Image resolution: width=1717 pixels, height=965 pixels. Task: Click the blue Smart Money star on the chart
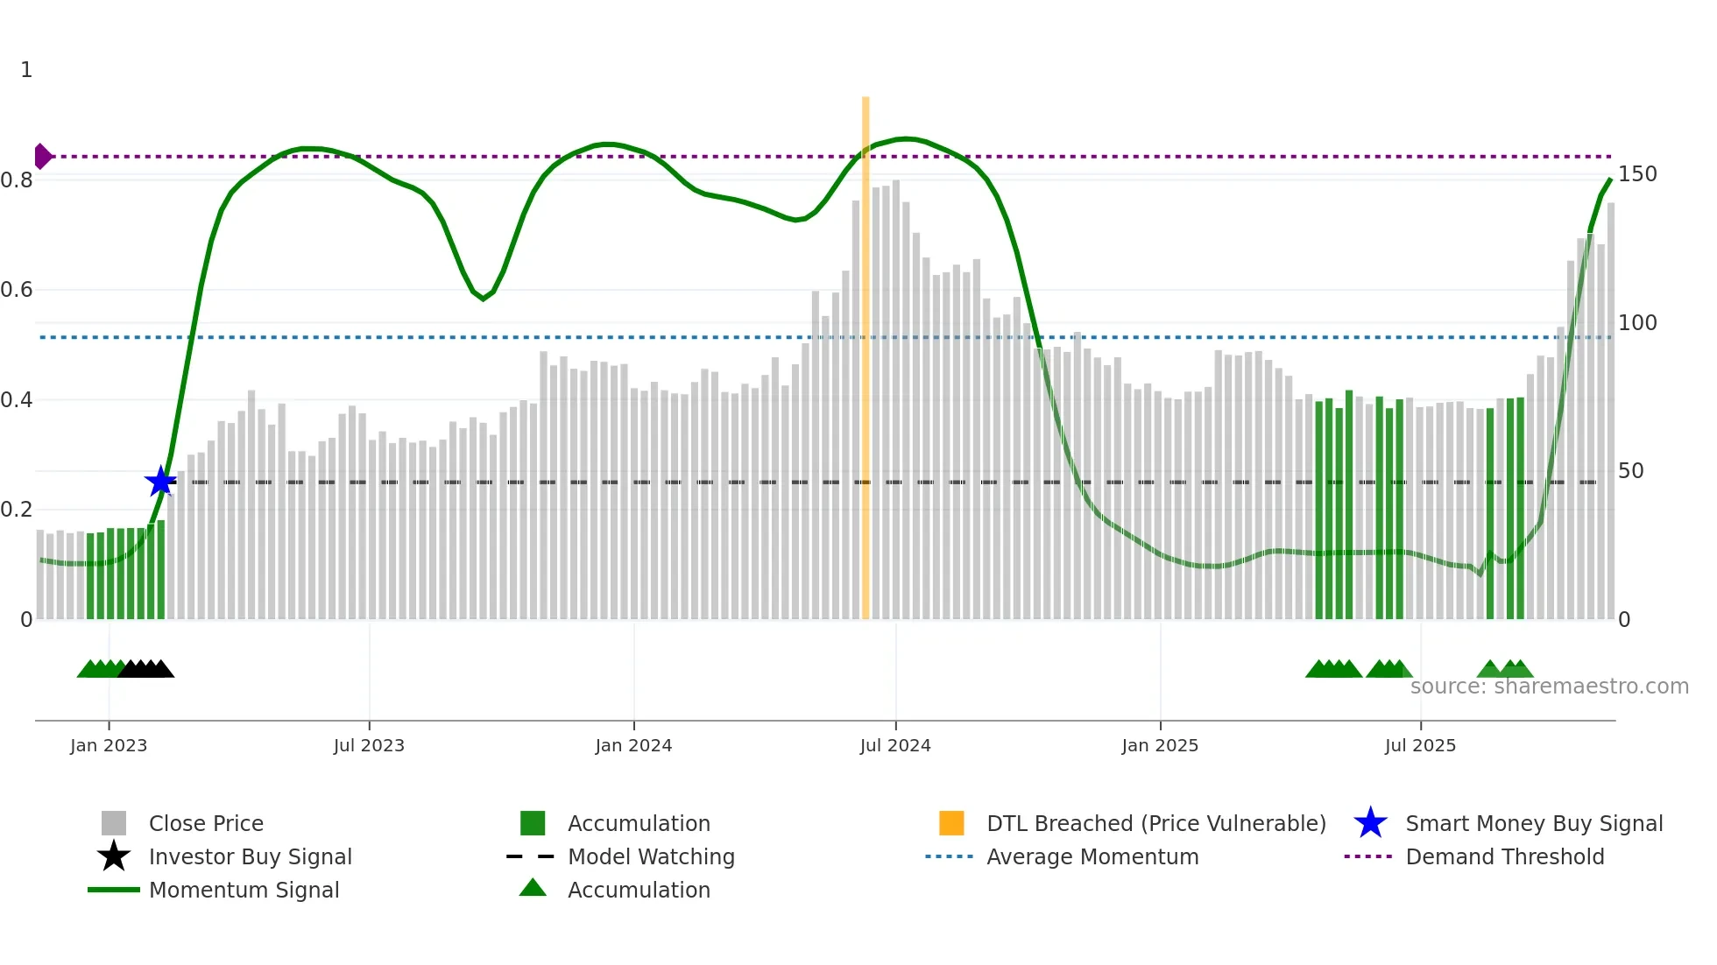click(x=160, y=482)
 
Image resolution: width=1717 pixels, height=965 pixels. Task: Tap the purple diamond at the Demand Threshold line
click(x=42, y=157)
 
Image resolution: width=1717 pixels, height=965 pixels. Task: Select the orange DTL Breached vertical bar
click(x=866, y=359)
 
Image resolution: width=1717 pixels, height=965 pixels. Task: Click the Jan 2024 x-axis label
click(x=633, y=745)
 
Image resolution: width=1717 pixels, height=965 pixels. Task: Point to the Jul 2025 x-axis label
click(x=1420, y=745)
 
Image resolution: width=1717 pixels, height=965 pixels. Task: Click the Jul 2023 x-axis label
click(x=369, y=745)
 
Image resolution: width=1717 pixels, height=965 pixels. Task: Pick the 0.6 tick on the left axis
click(x=18, y=290)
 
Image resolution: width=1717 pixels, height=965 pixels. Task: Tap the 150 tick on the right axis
click(x=1636, y=174)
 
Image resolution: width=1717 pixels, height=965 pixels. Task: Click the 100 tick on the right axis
click(x=1636, y=323)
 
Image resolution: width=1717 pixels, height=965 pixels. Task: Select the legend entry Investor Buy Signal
click(x=250, y=856)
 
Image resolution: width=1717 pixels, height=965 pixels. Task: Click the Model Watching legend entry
click(x=651, y=856)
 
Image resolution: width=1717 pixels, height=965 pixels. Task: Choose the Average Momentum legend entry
click(x=1092, y=856)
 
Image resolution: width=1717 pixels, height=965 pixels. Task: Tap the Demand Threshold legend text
click(x=1504, y=856)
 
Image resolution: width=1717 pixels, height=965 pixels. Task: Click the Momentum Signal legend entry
click(x=244, y=890)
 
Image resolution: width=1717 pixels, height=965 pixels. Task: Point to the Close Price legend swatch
click(x=114, y=823)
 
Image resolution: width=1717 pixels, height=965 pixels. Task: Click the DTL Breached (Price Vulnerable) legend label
click(x=1155, y=823)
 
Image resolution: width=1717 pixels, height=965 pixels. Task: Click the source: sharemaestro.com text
click(x=1549, y=687)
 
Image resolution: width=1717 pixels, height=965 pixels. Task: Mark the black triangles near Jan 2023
click(x=145, y=669)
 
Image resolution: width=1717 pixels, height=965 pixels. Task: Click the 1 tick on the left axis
click(x=26, y=70)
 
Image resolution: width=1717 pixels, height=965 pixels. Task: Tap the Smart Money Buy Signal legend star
click(x=1370, y=823)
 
